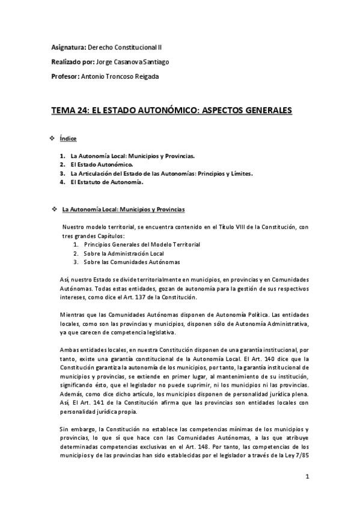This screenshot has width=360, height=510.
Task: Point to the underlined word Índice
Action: pos(68,139)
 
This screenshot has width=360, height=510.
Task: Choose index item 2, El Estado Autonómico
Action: pos(101,164)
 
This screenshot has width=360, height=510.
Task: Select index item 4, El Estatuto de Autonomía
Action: pos(106,182)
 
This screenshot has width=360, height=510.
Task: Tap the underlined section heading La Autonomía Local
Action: pos(123,209)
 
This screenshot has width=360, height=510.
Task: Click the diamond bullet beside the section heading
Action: pos(55,209)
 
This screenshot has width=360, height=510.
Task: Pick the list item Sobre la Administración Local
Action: pos(127,253)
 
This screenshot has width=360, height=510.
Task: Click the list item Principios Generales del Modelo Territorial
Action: pos(142,245)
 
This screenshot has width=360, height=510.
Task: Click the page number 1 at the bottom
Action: pos(307,494)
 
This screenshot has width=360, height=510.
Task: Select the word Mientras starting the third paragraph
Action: pos(73,315)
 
